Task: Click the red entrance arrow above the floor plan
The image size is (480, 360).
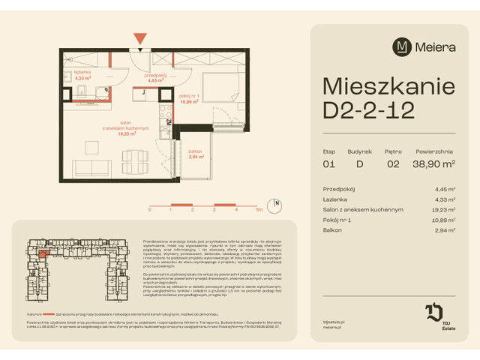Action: (x=139, y=38)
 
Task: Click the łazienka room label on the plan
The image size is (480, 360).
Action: (x=82, y=73)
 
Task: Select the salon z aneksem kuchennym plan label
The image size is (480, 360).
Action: (x=126, y=129)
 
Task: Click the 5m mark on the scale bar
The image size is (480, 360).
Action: (x=257, y=211)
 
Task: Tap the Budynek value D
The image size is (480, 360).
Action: (x=360, y=164)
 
